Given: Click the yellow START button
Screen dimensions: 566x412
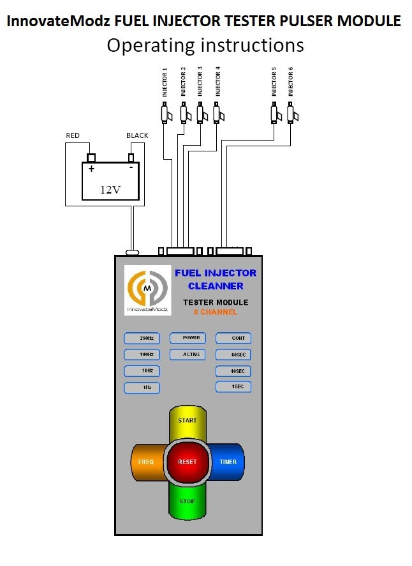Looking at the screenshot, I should (x=188, y=420).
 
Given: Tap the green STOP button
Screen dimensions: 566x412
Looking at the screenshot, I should (x=187, y=502).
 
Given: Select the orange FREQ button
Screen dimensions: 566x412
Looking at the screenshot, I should (x=146, y=461).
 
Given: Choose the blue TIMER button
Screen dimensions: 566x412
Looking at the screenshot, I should (x=228, y=461).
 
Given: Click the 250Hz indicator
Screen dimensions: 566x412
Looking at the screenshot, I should (x=142, y=339).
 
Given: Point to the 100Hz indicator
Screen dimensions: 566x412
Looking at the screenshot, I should (x=142, y=355).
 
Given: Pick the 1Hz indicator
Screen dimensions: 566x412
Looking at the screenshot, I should (x=142, y=387).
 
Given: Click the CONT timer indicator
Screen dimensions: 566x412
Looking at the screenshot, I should (x=233, y=339).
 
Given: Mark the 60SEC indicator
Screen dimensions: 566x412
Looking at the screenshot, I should (x=233, y=355).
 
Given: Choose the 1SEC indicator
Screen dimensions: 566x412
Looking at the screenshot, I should (x=233, y=386).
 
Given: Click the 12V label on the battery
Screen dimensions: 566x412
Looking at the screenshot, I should (x=110, y=189).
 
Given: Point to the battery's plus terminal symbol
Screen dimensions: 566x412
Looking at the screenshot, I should (x=91, y=169).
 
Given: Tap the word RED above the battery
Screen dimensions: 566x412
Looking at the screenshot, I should (x=73, y=136).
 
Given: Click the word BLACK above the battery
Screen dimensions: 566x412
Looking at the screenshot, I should (x=137, y=136).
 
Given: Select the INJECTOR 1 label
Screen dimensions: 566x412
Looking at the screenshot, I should (x=165, y=82).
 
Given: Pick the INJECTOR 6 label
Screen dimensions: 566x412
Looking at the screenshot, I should (x=291, y=84).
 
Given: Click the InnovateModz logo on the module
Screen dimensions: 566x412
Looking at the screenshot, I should (x=147, y=291).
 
